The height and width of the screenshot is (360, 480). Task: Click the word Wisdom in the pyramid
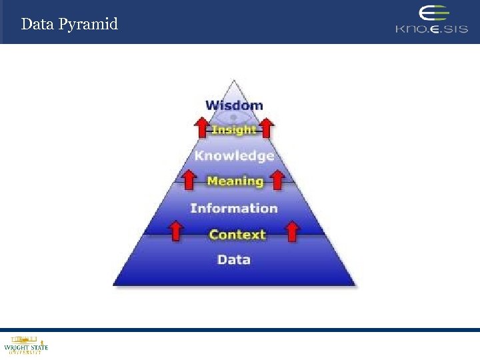point(234,105)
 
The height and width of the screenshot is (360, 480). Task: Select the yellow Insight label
point(233,130)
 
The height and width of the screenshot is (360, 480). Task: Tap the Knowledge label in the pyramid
point(234,156)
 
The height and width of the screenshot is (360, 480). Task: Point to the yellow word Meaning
point(235,181)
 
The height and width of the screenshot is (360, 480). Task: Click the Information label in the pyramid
point(234,208)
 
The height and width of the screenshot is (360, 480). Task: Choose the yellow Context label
point(237,234)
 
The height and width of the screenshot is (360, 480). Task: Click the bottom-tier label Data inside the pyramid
point(234,259)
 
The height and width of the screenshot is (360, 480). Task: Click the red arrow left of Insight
point(201,126)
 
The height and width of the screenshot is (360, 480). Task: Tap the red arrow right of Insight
point(267,126)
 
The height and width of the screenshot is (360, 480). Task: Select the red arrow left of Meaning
point(189,178)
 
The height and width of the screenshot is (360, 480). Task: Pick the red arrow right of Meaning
point(277,178)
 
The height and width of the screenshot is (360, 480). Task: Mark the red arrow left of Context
point(176,231)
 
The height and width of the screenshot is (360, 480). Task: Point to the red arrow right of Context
point(292,231)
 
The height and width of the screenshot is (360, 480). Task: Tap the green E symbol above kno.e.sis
point(434,14)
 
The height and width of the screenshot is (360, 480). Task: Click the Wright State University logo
point(26,345)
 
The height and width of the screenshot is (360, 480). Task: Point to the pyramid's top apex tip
point(234,81)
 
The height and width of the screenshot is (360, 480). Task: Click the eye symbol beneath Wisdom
point(234,118)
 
